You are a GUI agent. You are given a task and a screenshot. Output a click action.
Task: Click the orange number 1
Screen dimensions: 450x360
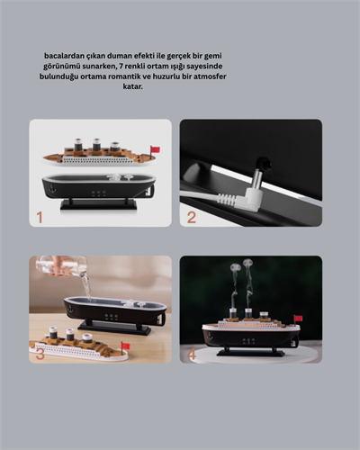tap(39, 217)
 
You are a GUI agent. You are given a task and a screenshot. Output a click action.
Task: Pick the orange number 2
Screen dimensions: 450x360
tap(191, 217)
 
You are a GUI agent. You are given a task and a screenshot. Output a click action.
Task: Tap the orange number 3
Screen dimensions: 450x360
tap(40, 354)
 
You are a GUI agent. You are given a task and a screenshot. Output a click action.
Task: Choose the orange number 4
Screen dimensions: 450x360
tap(192, 355)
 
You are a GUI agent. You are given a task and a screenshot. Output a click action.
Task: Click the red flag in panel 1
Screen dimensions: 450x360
tap(155, 148)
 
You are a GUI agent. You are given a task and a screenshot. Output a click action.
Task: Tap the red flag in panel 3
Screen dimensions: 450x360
tap(125, 346)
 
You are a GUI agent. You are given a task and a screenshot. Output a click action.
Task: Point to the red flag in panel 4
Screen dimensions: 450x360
tap(299, 319)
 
